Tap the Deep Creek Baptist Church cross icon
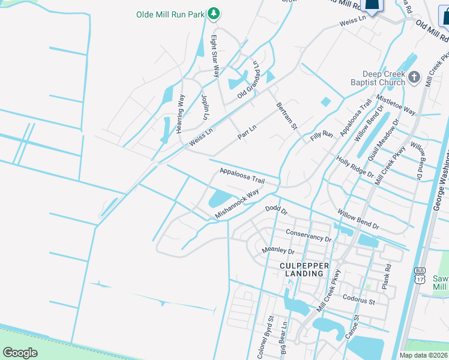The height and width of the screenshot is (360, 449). pyautogui.click(x=414, y=77)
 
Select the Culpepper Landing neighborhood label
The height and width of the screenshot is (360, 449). pyautogui.click(x=302, y=269)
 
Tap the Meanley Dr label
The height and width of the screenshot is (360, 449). pyautogui.click(x=278, y=251)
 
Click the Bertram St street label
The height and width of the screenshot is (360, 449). pyautogui.click(x=287, y=116)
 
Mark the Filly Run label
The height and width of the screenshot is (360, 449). pyautogui.click(x=322, y=136)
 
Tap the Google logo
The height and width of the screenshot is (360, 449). pyautogui.click(x=20, y=353)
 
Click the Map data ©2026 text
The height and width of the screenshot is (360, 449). pyautogui.click(x=423, y=355)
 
